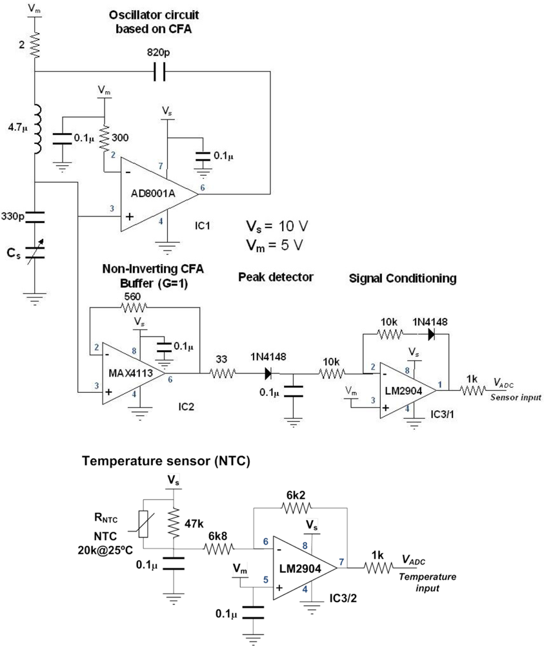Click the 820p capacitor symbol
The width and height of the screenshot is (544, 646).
click(159, 72)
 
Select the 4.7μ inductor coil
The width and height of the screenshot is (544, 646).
click(37, 129)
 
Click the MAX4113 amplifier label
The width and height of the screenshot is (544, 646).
click(127, 373)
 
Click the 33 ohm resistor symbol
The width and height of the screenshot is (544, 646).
click(223, 373)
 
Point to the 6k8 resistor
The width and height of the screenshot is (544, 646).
click(219, 549)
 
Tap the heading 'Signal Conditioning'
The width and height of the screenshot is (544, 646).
click(402, 278)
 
